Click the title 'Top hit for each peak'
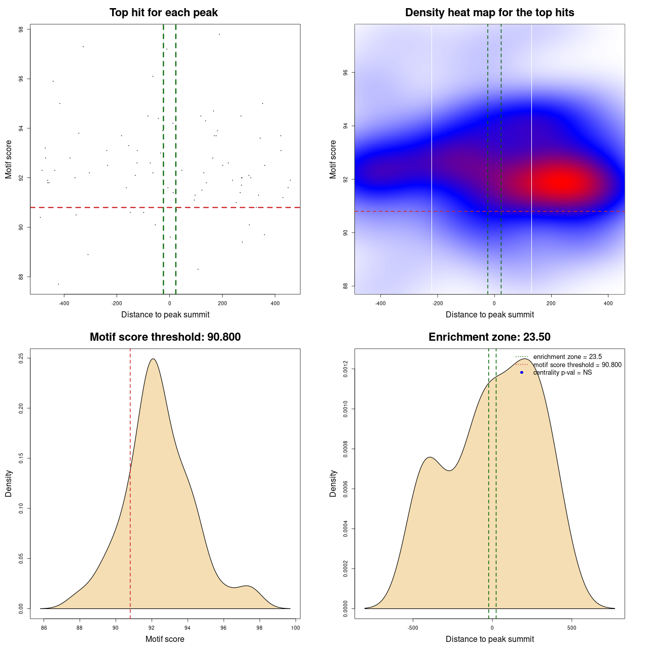click(163, 13)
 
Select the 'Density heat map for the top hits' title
click(489, 13)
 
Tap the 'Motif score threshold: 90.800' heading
click(165, 337)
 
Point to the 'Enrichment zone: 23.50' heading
click(489, 337)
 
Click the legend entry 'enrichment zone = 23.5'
click(567, 357)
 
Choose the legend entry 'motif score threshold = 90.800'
click(577, 365)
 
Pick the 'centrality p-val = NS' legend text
click(562, 373)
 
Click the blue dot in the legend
click(522, 373)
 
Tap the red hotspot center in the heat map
click(563, 182)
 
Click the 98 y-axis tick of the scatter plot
click(21, 29)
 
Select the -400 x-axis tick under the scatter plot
click(64, 303)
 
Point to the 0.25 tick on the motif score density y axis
click(21, 358)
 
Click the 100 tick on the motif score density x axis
click(296, 628)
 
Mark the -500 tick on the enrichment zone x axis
click(413, 628)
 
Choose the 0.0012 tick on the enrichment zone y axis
click(345, 369)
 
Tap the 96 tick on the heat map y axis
click(345, 73)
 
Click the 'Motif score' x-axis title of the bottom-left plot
click(165, 639)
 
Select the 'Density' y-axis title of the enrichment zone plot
click(333, 483)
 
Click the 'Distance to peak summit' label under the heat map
click(489, 314)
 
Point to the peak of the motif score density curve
click(152, 359)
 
